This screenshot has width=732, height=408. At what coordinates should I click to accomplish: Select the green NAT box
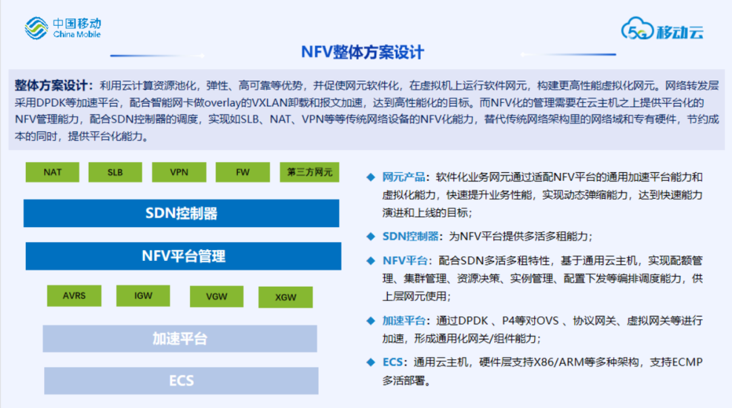pyautogui.click(x=52, y=172)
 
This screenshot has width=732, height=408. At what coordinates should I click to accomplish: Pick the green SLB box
pyautogui.click(x=115, y=172)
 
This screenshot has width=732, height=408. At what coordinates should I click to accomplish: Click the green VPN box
pyautogui.click(x=179, y=172)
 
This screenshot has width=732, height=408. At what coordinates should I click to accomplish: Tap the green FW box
pyautogui.click(x=243, y=172)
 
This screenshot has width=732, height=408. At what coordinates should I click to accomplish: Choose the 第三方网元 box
pyautogui.click(x=310, y=172)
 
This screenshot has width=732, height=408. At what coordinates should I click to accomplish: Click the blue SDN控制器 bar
pyautogui.click(x=181, y=213)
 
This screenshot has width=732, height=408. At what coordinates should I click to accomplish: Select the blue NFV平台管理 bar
pyautogui.click(x=183, y=256)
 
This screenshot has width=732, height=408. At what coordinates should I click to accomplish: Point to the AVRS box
pyautogui.click(x=75, y=296)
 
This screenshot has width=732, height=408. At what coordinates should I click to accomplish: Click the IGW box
pyautogui.click(x=143, y=296)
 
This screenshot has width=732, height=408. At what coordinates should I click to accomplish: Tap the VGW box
pyautogui.click(x=216, y=297)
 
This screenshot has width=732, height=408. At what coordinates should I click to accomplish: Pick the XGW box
pyautogui.click(x=285, y=298)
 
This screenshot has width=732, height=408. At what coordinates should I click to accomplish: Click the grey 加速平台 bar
pyautogui.click(x=180, y=339)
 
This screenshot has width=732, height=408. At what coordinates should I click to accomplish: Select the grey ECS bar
pyautogui.click(x=181, y=381)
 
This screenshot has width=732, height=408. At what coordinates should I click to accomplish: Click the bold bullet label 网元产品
pyautogui.click(x=404, y=178)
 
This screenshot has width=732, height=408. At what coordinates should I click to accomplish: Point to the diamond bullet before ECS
pyautogui.click(x=370, y=362)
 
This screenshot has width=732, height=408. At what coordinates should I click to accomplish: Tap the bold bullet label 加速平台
pyautogui.click(x=404, y=321)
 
